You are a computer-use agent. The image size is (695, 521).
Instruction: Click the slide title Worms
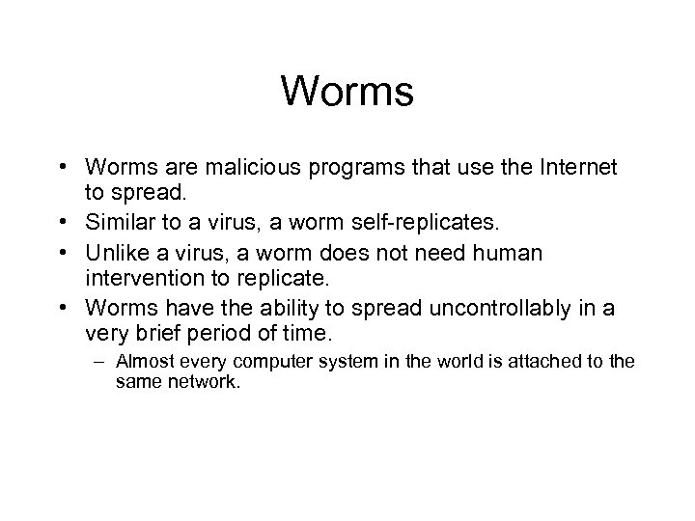[x=347, y=92]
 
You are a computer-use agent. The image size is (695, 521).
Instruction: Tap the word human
[x=507, y=253]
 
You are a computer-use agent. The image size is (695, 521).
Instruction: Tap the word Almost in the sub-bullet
[x=140, y=363]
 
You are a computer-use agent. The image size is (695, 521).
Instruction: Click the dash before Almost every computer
[x=102, y=363]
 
